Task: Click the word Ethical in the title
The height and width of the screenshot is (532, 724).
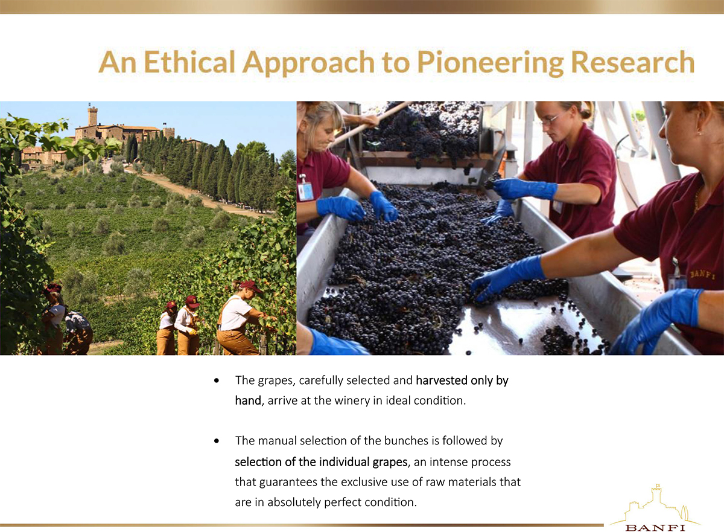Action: click(189, 62)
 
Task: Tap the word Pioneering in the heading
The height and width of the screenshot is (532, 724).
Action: click(491, 63)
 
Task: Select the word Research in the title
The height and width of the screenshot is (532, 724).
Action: click(633, 62)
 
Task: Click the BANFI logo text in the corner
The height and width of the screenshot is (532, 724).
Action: click(655, 528)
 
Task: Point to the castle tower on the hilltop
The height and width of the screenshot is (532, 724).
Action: click(92, 115)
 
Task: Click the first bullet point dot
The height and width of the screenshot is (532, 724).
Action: click(217, 380)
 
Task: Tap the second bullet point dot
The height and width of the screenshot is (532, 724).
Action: click(217, 441)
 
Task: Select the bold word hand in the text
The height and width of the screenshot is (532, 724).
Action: click(248, 400)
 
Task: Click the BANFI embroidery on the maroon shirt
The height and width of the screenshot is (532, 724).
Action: click(702, 275)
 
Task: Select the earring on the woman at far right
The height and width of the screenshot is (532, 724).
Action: click(699, 133)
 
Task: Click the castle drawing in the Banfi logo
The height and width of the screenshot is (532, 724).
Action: click(655, 504)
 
